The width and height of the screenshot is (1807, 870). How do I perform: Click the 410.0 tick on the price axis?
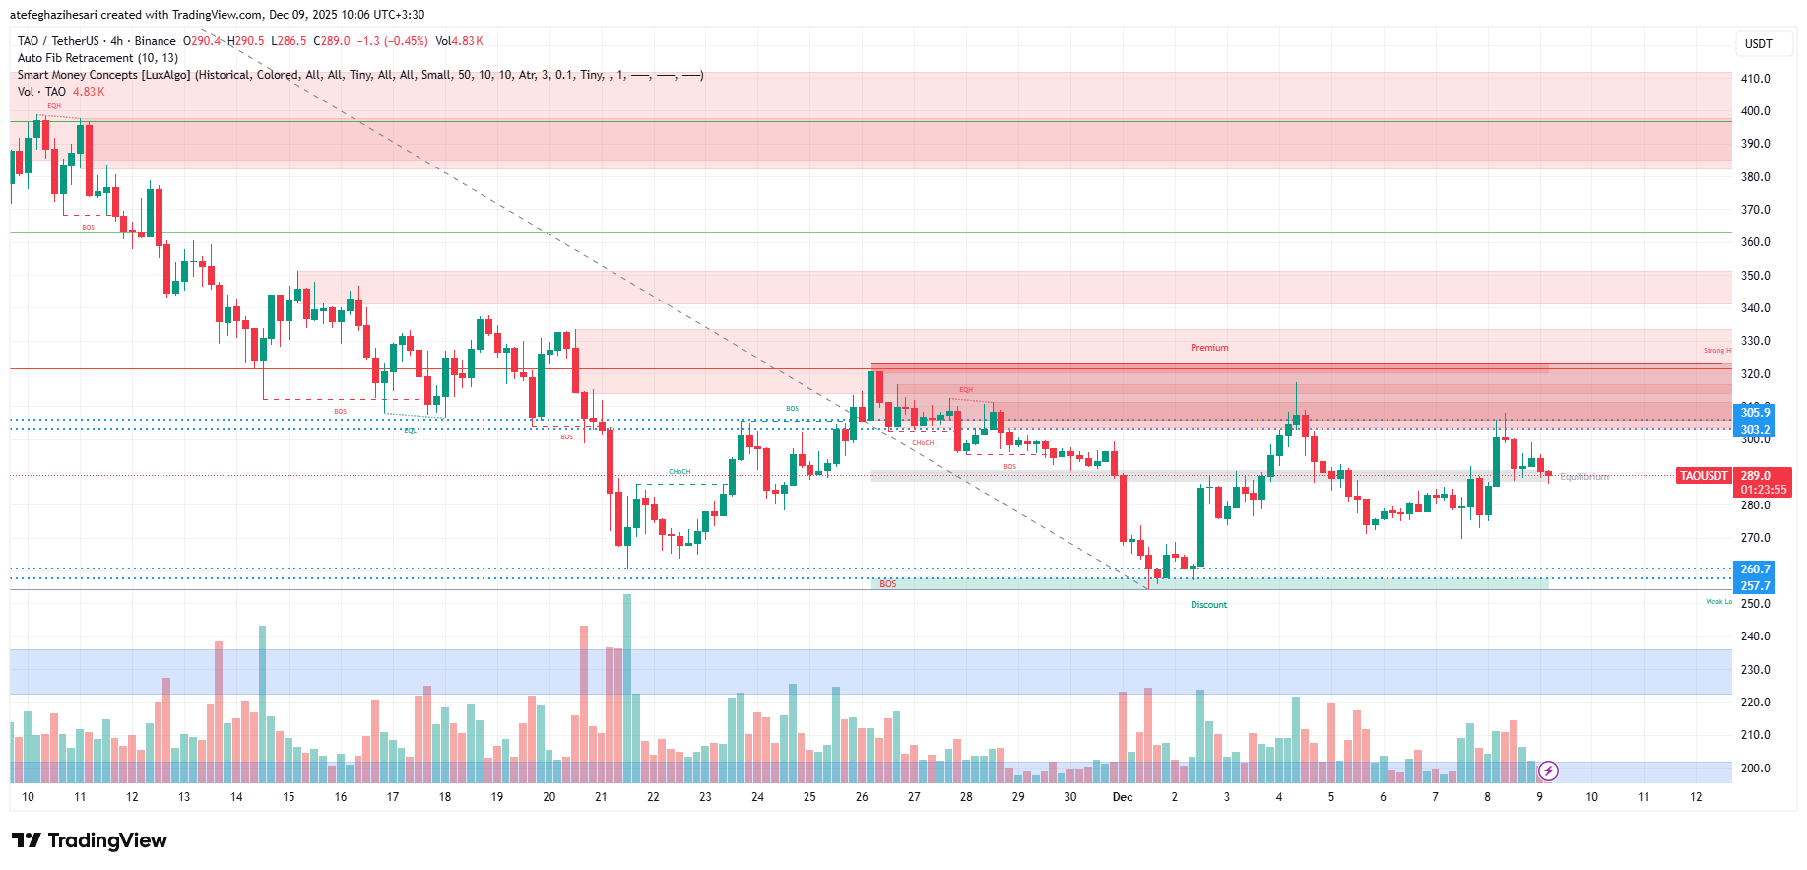click(1755, 79)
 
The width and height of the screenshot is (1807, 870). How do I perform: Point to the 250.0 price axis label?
click(1755, 604)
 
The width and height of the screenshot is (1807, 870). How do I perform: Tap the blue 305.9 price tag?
click(1754, 413)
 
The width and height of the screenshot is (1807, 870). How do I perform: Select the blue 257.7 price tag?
click(1754, 586)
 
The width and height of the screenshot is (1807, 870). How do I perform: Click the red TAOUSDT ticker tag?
click(1703, 476)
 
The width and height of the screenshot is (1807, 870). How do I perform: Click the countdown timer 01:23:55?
click(1763, 490)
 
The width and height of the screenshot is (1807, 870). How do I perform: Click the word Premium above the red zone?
click(1209, 348)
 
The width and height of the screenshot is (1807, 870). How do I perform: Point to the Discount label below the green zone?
click(1208, 605)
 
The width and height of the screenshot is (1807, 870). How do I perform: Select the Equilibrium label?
click(1584, 477)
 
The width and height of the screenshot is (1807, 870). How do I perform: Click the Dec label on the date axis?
click(1122, 797)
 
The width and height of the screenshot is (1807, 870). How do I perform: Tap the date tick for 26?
click(862, 797)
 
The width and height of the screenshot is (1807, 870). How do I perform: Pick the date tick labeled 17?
click(393, 797)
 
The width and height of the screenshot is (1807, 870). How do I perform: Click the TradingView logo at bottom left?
click(90, 840)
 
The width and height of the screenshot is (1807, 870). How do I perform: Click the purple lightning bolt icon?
click(1548, 770)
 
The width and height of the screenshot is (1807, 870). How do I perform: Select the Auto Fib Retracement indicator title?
click(97, 58)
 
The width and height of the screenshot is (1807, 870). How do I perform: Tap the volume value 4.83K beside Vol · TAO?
click(89, 92)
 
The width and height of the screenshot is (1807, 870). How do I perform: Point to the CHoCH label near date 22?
click(679, 472)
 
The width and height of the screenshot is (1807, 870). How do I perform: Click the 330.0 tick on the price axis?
click(1755, 341)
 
